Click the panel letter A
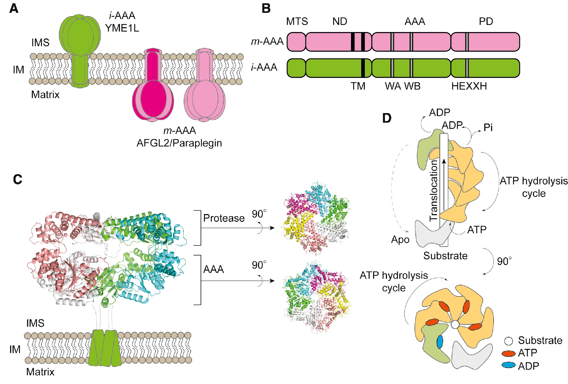(14, 8)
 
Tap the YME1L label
(122, 28)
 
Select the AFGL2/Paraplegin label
(179, 143)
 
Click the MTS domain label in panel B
(297, 22)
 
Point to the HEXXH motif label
(469, 86)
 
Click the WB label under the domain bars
(412, 86)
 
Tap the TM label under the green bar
(358, 86)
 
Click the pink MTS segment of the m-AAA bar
(296, 42)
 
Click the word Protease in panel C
(224, 218)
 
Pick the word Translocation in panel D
(434, 191)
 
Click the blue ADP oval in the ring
(440, 342)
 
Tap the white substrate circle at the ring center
(455, 325)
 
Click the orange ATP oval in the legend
(508, 353)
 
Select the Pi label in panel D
(488, 128)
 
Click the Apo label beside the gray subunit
(400, 240)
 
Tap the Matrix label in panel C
(40, 372)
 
